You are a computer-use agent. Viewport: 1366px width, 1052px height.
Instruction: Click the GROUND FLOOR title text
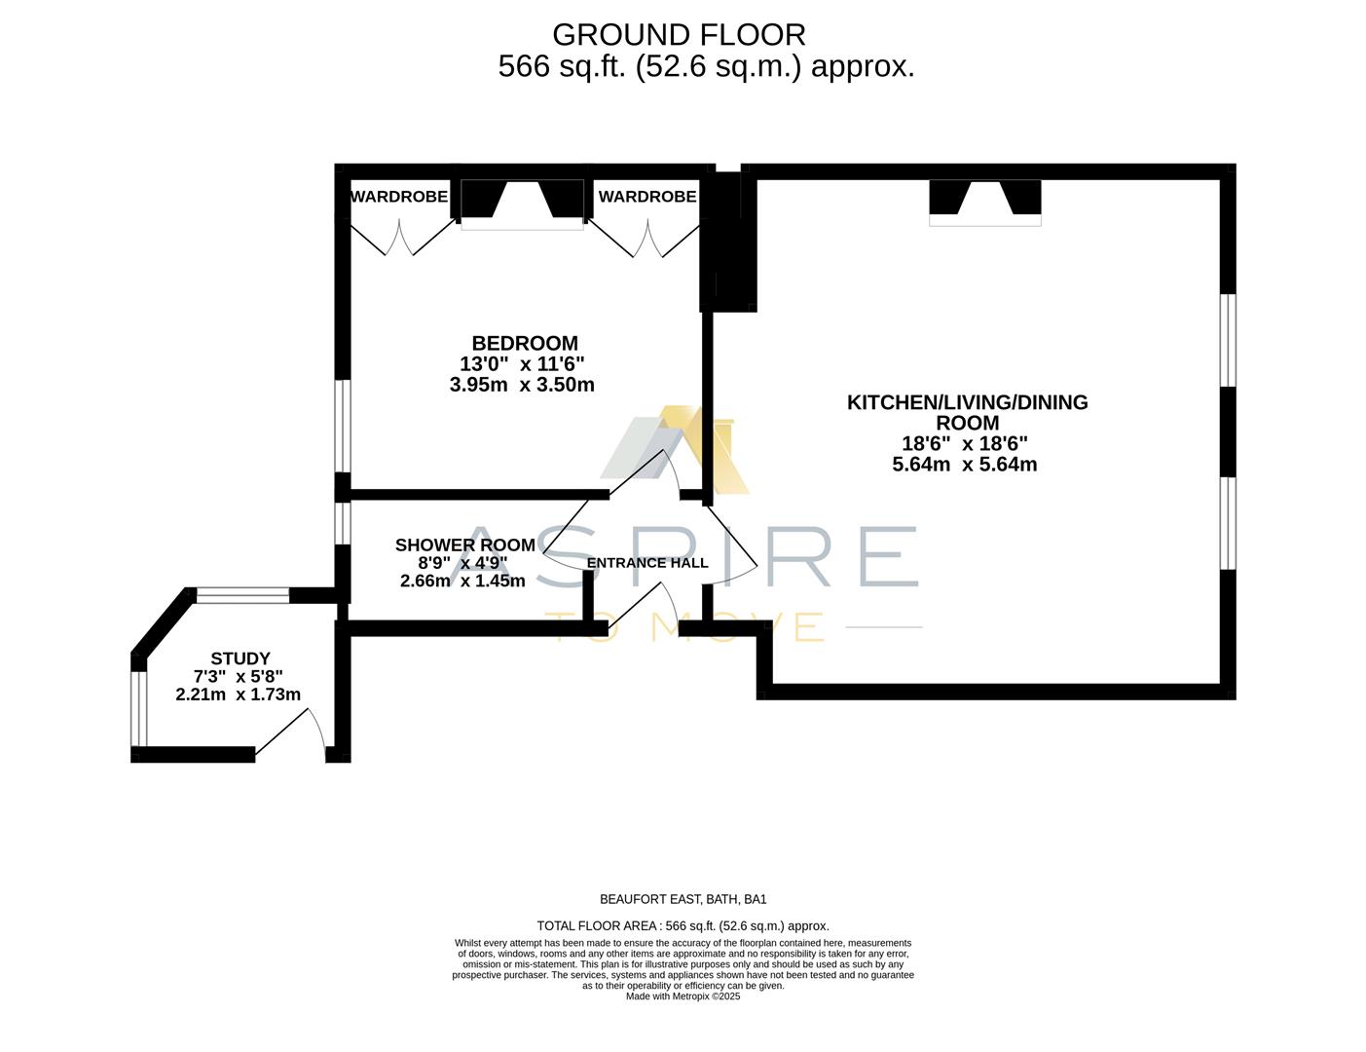(679, 35)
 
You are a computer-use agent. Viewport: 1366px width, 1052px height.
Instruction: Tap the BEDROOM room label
(524, 343)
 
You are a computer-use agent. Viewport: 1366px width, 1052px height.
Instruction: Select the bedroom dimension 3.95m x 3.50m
(522, 385)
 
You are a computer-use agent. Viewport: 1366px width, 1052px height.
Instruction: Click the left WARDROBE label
(398, 197)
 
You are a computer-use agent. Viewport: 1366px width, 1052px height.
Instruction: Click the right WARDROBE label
(646, 197)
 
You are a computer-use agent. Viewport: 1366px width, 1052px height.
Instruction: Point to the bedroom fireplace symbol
(522, 203)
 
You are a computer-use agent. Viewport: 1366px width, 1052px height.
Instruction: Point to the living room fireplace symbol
(984, 202)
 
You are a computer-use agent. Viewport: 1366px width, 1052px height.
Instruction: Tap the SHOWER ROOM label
(464, 545)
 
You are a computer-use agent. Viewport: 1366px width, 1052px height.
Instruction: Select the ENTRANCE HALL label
(647, 563)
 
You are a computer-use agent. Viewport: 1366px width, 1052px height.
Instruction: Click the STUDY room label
(240, 658)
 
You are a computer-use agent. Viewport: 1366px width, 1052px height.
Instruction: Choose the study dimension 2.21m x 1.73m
(238, 695)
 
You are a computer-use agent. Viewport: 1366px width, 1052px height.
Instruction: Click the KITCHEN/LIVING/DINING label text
(967, 402)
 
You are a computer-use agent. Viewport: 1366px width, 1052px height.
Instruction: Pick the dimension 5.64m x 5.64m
(964, 465)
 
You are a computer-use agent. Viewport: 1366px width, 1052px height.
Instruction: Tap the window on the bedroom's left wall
(343, 426)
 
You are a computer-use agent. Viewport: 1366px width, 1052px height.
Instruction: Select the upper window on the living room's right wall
(1228, 340)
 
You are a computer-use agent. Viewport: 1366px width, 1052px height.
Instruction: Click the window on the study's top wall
(242, 596)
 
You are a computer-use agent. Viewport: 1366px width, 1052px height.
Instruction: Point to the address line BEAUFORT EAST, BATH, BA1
(683, 899)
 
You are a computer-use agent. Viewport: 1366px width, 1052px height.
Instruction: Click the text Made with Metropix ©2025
(683, 996)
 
